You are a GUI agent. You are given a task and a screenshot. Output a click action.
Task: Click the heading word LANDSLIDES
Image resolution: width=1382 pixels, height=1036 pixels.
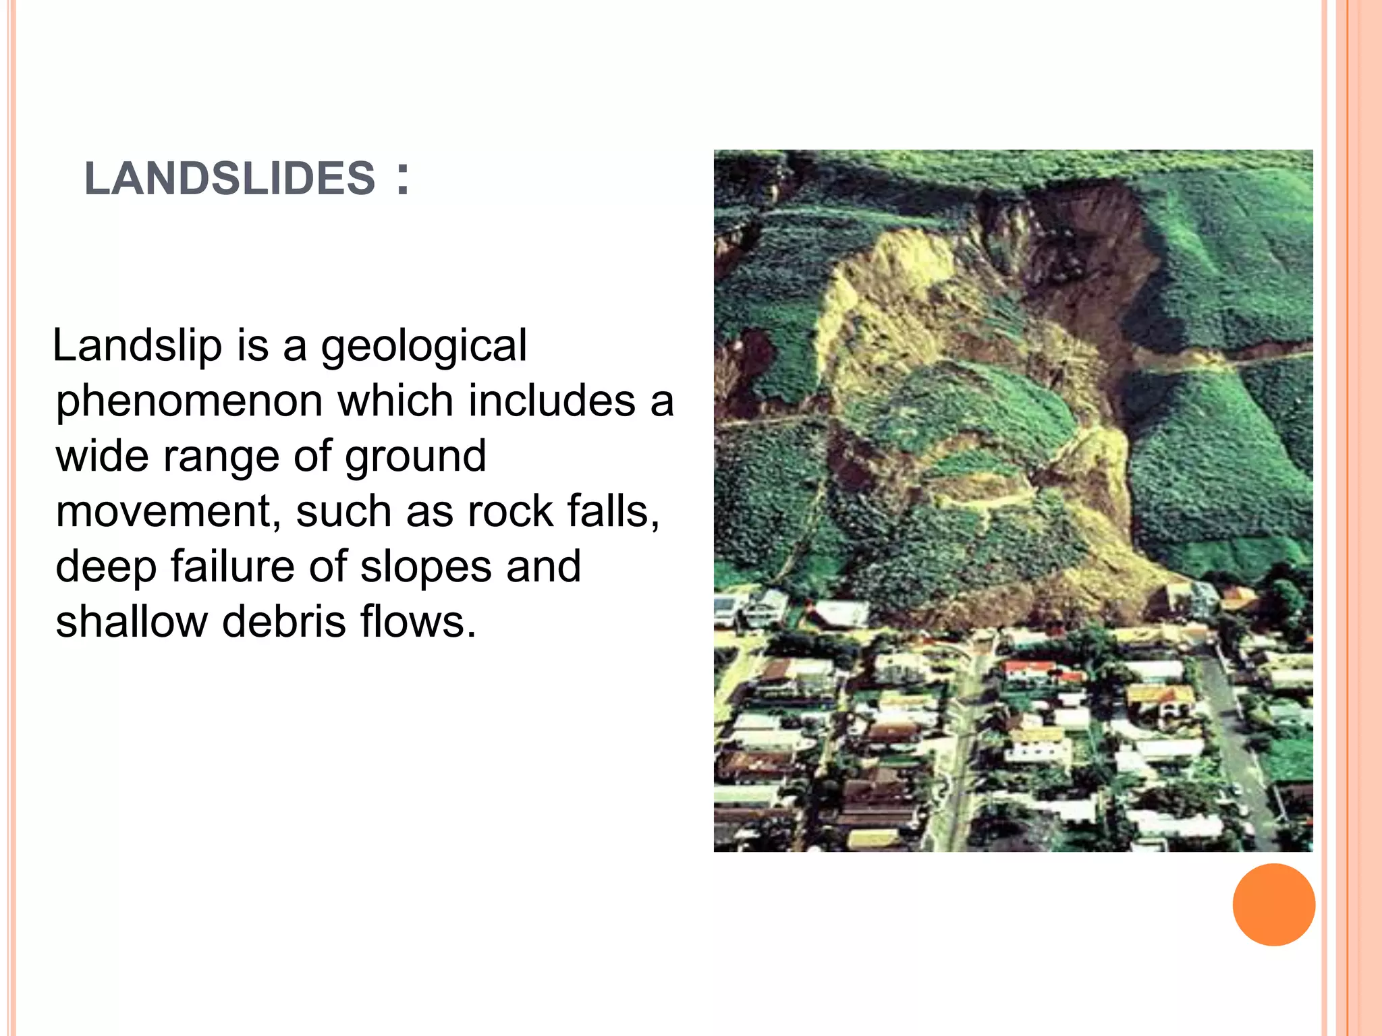pyautogui.click(x=229, y=179)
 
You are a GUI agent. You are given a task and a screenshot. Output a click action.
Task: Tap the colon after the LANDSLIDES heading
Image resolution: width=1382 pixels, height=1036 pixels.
pyautogui.click(x=403, y=179)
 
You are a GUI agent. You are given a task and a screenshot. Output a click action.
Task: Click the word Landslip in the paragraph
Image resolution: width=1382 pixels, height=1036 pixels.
pyautogui.click(x=137, y=346)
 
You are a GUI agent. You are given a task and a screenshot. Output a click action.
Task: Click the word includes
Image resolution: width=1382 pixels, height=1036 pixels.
pyautogui.click(x=551, y=401)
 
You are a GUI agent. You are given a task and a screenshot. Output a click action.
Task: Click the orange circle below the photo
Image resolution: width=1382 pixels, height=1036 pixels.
pyautogui.click(x=1273, y=904)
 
